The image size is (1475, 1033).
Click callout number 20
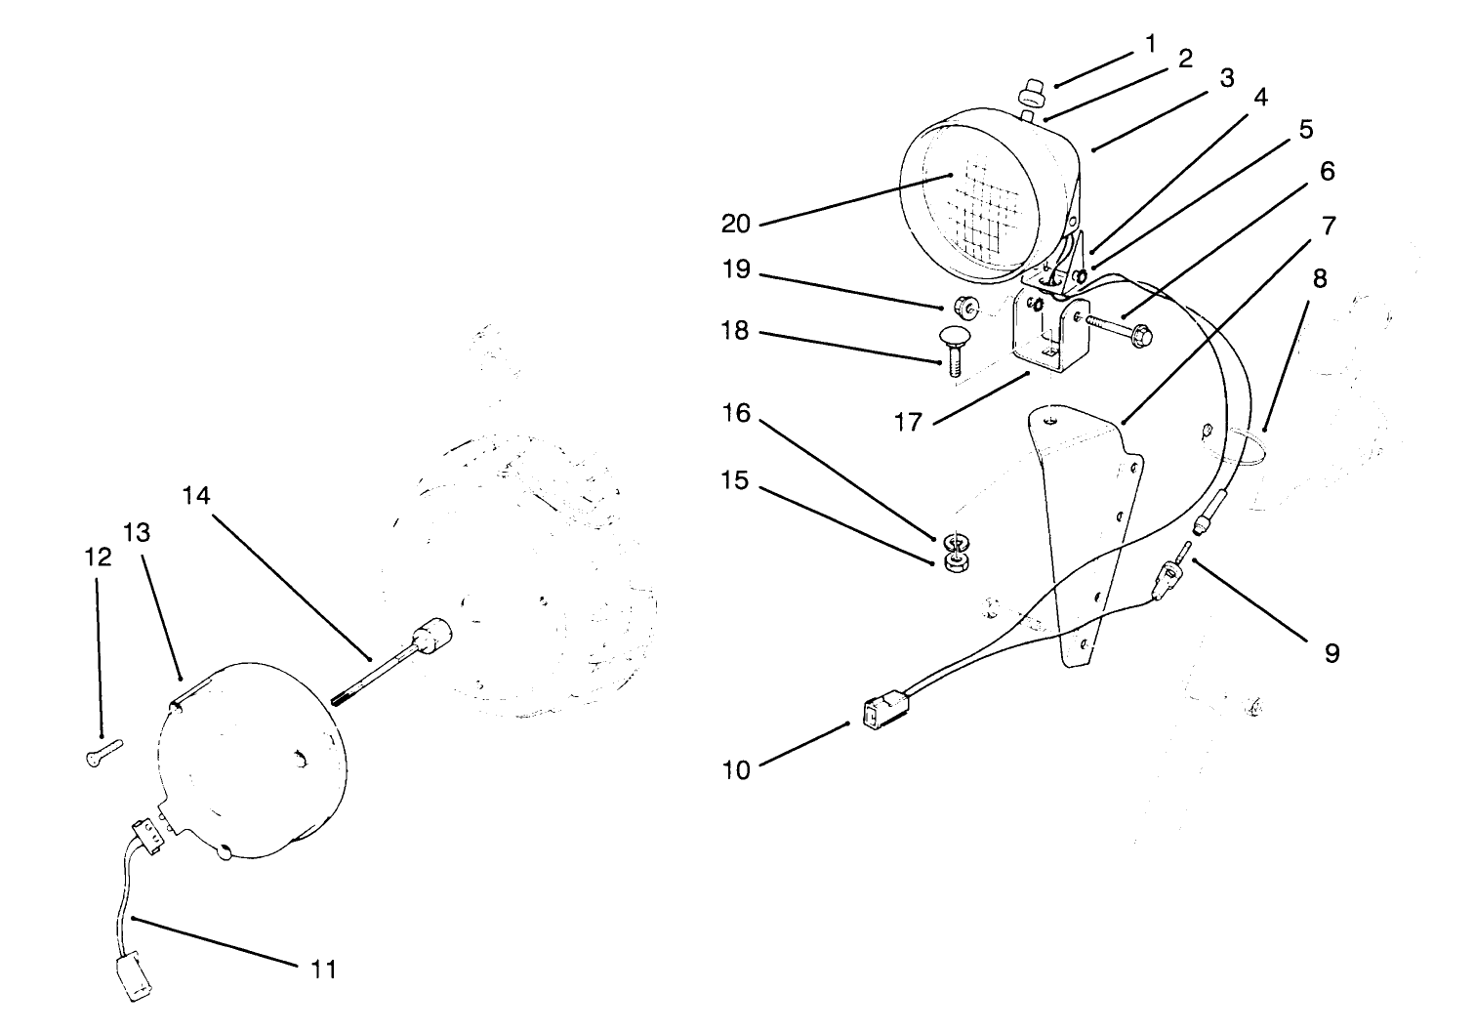coord(735,224)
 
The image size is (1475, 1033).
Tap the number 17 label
coord(908,423)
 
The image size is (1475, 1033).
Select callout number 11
coord(323,969)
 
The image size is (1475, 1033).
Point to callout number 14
coord(195,496)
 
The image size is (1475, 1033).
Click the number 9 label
coord(1332,652)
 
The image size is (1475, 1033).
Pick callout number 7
coord(1329,226)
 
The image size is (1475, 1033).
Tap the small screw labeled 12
coord(102,751)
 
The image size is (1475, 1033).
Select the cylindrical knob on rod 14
coord(430,636)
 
